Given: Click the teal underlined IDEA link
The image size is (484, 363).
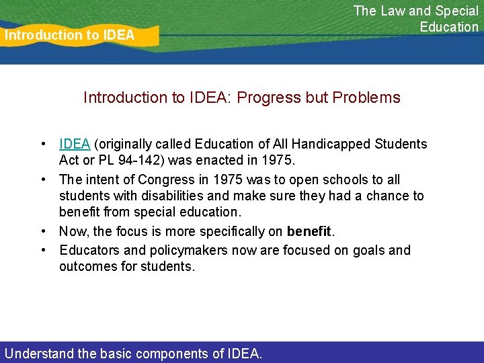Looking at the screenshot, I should [x=75, y=144].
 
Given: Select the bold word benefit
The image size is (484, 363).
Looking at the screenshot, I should [x=309, y=232].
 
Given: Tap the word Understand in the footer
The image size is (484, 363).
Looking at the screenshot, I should [x=38, y=353].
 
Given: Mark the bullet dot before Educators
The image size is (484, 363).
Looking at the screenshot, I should [x=43, y=250].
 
